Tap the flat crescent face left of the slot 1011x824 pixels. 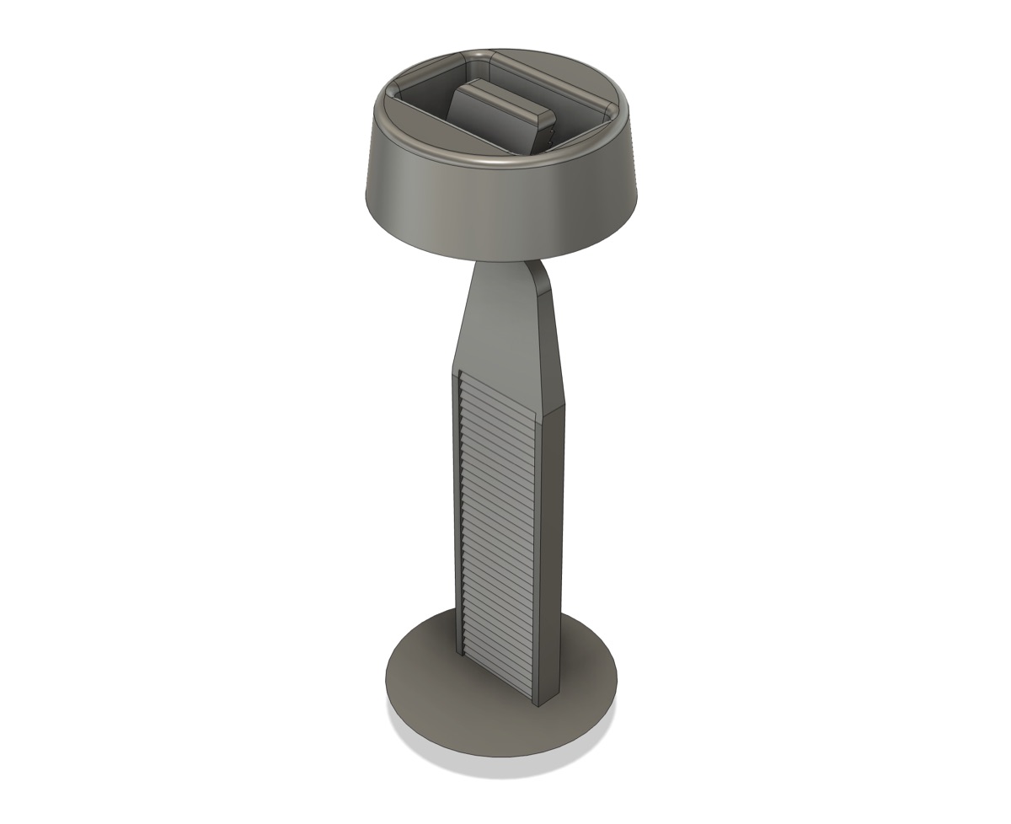pyautogui.click(x=421, y=126)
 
